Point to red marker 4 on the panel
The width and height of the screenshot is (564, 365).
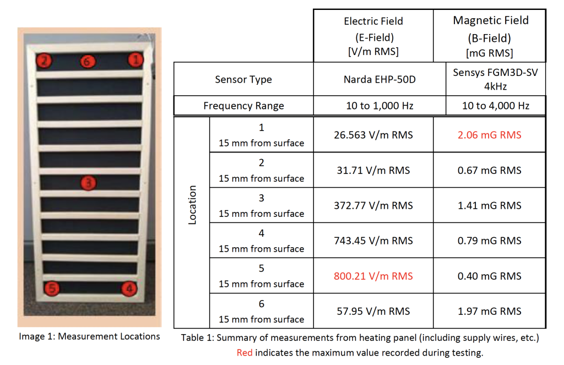click(129, 287)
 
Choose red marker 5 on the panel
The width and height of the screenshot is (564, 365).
click(51, 287)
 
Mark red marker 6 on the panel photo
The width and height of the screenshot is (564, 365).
click(86, 62)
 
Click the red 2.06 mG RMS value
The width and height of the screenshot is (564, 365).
click(489, 135)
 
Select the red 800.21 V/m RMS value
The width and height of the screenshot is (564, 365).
click(373, 276)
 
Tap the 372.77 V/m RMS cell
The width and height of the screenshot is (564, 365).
click(373, 205)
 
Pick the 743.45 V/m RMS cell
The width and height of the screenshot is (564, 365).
click(373, 241)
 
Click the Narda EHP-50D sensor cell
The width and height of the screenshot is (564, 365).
click(373, 79)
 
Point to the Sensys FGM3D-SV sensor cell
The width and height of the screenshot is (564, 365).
click(489, 79)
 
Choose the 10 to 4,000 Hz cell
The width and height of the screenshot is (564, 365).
click(489, 106)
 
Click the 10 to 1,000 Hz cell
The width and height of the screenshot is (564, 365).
click(373, 106)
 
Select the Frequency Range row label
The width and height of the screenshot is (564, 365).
click(243, 106)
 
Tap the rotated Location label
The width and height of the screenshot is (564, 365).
click(192, 205)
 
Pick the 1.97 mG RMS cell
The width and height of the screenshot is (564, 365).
click(489, 311)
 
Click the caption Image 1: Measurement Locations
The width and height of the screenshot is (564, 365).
click(89, 336)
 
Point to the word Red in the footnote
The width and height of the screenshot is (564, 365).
click(245, 353)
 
